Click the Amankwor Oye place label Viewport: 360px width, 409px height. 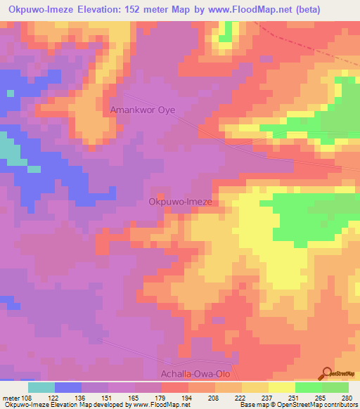[x=143, y=110]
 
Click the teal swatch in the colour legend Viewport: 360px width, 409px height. [x=41, y=387]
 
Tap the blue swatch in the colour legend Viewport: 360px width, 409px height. [x=68, y=387]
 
